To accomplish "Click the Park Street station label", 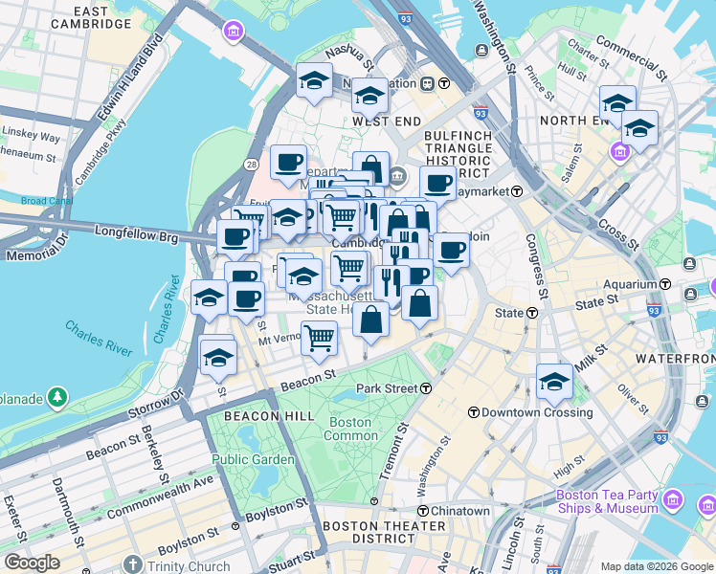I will (x=387, y=388).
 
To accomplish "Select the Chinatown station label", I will (x=459, y=511).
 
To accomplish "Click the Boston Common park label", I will (x=351, y=429).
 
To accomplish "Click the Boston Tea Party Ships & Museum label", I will (x=609, y=501).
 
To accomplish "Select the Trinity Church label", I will (x=188, y=566).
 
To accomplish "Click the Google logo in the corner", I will (x=32, y=563).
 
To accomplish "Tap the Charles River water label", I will (x=99, y=339).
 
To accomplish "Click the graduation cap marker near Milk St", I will (x=554, y=380).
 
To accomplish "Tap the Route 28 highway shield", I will (x=251, y=166).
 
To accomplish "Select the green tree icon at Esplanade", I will (x=58, y=395).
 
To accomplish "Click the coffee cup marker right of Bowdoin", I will (x=451, y=251).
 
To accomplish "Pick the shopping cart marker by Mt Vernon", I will (x=319, y=336).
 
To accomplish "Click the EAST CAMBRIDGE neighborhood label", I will (x=93, y=16).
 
